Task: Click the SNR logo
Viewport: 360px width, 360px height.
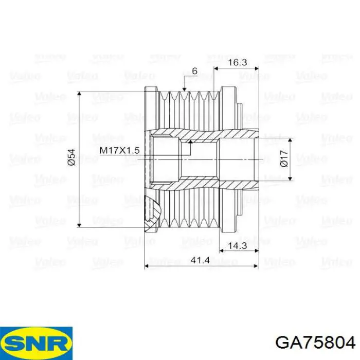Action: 37,343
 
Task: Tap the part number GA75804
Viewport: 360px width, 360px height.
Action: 315,343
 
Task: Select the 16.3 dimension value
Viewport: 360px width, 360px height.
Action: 238,62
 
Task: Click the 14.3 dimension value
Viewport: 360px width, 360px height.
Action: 238,246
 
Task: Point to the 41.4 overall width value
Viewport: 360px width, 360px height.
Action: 200,260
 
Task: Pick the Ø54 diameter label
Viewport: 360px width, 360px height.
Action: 71,157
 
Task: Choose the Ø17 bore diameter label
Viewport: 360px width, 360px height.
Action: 284,158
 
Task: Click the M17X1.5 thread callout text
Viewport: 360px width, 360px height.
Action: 120,150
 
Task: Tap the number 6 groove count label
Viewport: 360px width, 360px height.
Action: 194,71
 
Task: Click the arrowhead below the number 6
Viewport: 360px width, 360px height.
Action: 184,89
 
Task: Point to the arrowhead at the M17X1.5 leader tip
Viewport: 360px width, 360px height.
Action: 190,141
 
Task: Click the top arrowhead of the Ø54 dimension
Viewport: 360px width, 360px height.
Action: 79,94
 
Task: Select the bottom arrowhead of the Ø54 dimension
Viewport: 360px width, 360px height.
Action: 79,225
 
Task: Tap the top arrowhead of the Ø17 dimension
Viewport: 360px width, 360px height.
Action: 291,140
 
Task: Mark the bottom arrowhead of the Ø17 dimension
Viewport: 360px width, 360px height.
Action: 291,178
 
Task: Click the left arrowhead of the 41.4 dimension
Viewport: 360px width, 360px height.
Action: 147,266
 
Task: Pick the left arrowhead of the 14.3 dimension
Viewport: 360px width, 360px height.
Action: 222,251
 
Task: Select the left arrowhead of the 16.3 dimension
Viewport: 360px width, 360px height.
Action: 216,68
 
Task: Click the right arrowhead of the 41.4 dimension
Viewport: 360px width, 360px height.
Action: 256,266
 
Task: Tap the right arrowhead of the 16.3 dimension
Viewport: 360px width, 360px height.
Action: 257,68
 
